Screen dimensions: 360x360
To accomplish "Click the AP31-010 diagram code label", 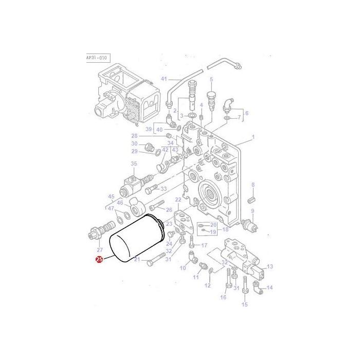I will click(96, 58).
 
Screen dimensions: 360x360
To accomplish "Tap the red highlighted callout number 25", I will click(99, 260).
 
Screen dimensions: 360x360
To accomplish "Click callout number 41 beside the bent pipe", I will click(164, 79).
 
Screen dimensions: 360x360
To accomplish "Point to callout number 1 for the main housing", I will click(253, 137).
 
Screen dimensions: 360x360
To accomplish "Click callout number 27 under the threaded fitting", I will click(100, 249).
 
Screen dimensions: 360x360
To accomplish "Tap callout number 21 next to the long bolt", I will click(137, 260).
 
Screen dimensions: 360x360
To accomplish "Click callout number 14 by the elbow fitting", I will click(270, 287).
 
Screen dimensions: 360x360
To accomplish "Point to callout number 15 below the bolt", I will click(244, 304).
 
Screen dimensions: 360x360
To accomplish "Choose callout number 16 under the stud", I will click(223, 297).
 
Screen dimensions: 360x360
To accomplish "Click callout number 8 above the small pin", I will click(253, 184).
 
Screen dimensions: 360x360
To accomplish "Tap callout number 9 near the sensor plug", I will click(253, 211).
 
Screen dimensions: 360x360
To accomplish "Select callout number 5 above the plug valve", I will click(211, 79).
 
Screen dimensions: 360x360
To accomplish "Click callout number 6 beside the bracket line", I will click(246, 113).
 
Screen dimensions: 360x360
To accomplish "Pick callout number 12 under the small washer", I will click(208, 285).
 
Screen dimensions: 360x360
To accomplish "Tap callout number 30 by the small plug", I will click(134, 143).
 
